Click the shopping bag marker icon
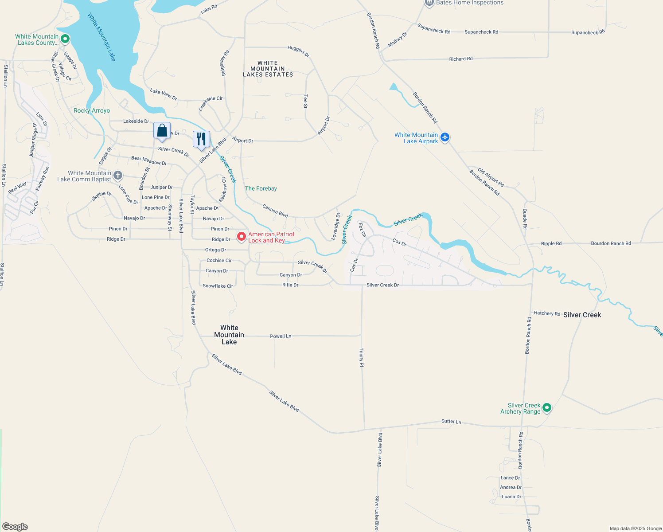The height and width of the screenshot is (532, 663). click(x=162, y=131)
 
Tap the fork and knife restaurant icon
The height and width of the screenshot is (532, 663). click(x=201, y=139)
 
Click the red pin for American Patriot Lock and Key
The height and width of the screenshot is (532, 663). click(x=242, y=237)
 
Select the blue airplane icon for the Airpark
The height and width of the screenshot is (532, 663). click(x=445, y=137)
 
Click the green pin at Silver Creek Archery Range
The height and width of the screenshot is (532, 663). click(x=547, y=408)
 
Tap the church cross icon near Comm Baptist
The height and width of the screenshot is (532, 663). click(x=117, y=175)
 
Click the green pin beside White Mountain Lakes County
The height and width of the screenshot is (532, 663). click(x=65, y=39)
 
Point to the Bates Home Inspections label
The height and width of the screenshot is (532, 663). click(x=470, y=3)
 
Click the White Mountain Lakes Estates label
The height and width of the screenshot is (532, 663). click(x=268, y=69)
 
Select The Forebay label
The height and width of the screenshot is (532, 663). click(x=261, y=188)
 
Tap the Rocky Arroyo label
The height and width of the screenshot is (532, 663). click(x=92, y=110)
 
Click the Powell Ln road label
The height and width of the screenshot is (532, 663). click(x=281, y=336)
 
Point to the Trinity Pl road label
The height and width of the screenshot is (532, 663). click(x=362, y=357)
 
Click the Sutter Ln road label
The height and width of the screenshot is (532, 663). click(x=451, y=422)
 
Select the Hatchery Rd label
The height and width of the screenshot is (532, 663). click(x=547, y=313)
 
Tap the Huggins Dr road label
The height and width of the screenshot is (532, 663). click(x=298, y=51)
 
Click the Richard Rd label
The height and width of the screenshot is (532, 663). click(x=460, y=59)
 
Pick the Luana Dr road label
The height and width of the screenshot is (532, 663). click(x=511, y=497)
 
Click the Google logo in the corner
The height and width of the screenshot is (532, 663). click(x=15, y=527)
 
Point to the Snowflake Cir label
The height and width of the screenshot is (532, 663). click(x=218, y=286)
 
